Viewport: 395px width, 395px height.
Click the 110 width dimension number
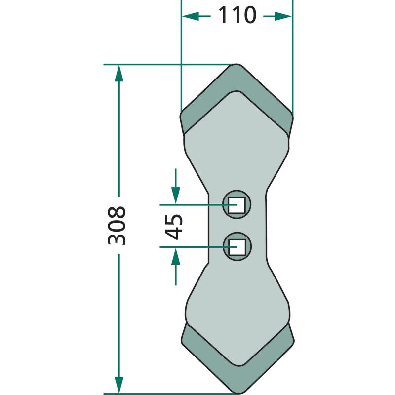coord(237,15)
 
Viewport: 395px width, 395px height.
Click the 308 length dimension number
coord(117,226)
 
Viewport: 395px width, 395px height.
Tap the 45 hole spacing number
coord(174,227)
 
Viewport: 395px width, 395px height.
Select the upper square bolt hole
coord(237,205)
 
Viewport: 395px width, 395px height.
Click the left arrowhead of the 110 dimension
coord(191,16)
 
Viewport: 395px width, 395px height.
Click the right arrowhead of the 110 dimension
coord(283,16)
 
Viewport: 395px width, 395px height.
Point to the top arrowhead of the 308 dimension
coord(119,73)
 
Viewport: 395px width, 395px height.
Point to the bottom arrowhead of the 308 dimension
coord(119,385)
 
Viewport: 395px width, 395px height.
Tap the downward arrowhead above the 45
coord(176,196)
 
